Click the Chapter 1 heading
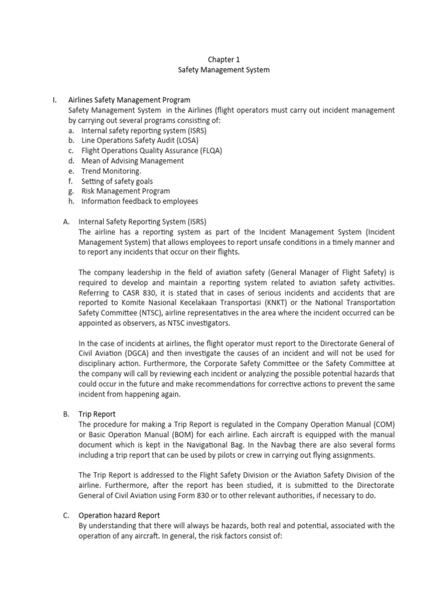(x=224, y=59)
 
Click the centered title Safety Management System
(x=224, y=70)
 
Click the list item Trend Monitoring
(x=111, y=171)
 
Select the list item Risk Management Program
(x=125, y=191)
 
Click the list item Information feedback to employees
(x=139, y=201)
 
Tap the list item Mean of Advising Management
(x=132, y=161)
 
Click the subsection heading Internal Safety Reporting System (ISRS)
(x=142, y=222)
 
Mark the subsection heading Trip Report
(x=97, y=414)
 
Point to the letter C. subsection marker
(x=66, y=515)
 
